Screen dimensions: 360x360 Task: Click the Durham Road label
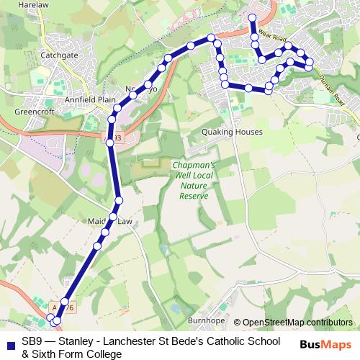pyautogui.click(x=333, y=94)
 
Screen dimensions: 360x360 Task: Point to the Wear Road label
pyautogui.click(x=273, y=35)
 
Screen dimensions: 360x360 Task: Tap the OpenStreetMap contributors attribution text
pyautogui.click(x=297, y=323)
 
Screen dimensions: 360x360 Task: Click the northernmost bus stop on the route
pyautogui.click(x=252, y=17)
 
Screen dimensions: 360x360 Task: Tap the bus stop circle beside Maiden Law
pyautogui.click(x=113, y=217)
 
